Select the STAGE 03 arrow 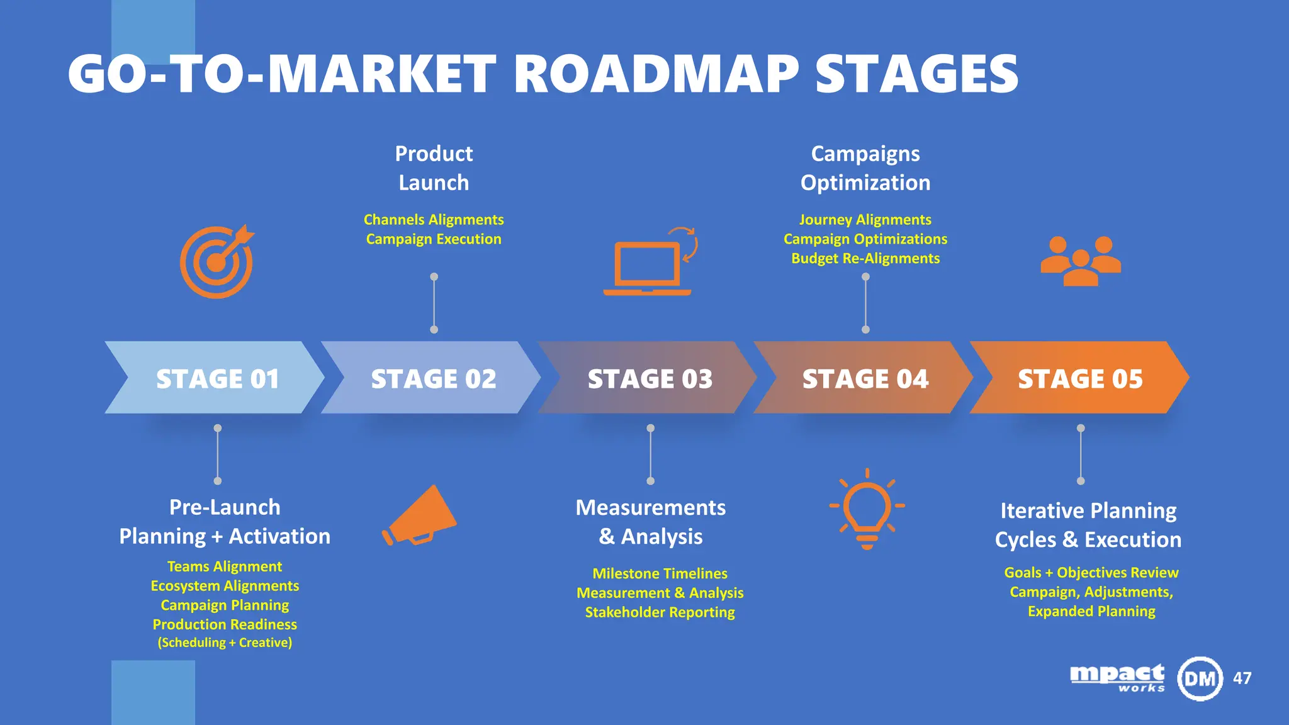[649, 378]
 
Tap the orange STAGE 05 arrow [1080, 378]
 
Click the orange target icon [217, 262]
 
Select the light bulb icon [867, 509]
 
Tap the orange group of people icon [1081, 261]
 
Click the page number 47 [1242, 678]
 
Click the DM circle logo [1200, 678]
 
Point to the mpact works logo [1117, 678]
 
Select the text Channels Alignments [434, 220]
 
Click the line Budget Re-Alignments [865, 259]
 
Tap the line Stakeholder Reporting [660, 612]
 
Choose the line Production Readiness [225, 624]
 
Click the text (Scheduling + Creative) [225, 643]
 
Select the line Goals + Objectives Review [1091, 573]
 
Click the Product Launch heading [434, 168]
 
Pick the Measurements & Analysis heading [650, 522]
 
